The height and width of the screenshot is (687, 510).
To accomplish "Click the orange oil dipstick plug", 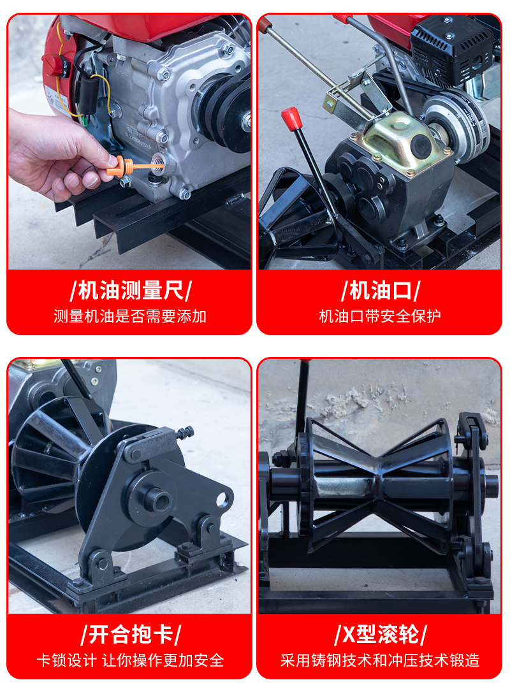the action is pos(131,167).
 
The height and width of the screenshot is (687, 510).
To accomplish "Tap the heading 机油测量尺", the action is pos(131,290).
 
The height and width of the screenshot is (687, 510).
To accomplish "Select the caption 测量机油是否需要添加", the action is pos(130,316).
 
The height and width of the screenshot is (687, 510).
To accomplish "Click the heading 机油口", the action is pos(381,290).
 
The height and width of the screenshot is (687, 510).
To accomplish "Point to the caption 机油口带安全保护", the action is pos(380,316).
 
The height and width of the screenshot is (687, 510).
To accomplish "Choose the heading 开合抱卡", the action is pos(131,634).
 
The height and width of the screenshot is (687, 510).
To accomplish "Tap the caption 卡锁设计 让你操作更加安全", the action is pos(130,660).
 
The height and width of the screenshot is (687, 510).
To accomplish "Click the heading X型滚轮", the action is pos(381,634).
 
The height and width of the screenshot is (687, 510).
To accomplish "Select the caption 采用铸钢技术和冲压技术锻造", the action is pos(380,660).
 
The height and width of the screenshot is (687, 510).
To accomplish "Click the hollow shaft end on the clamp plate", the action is pos(157,500).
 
